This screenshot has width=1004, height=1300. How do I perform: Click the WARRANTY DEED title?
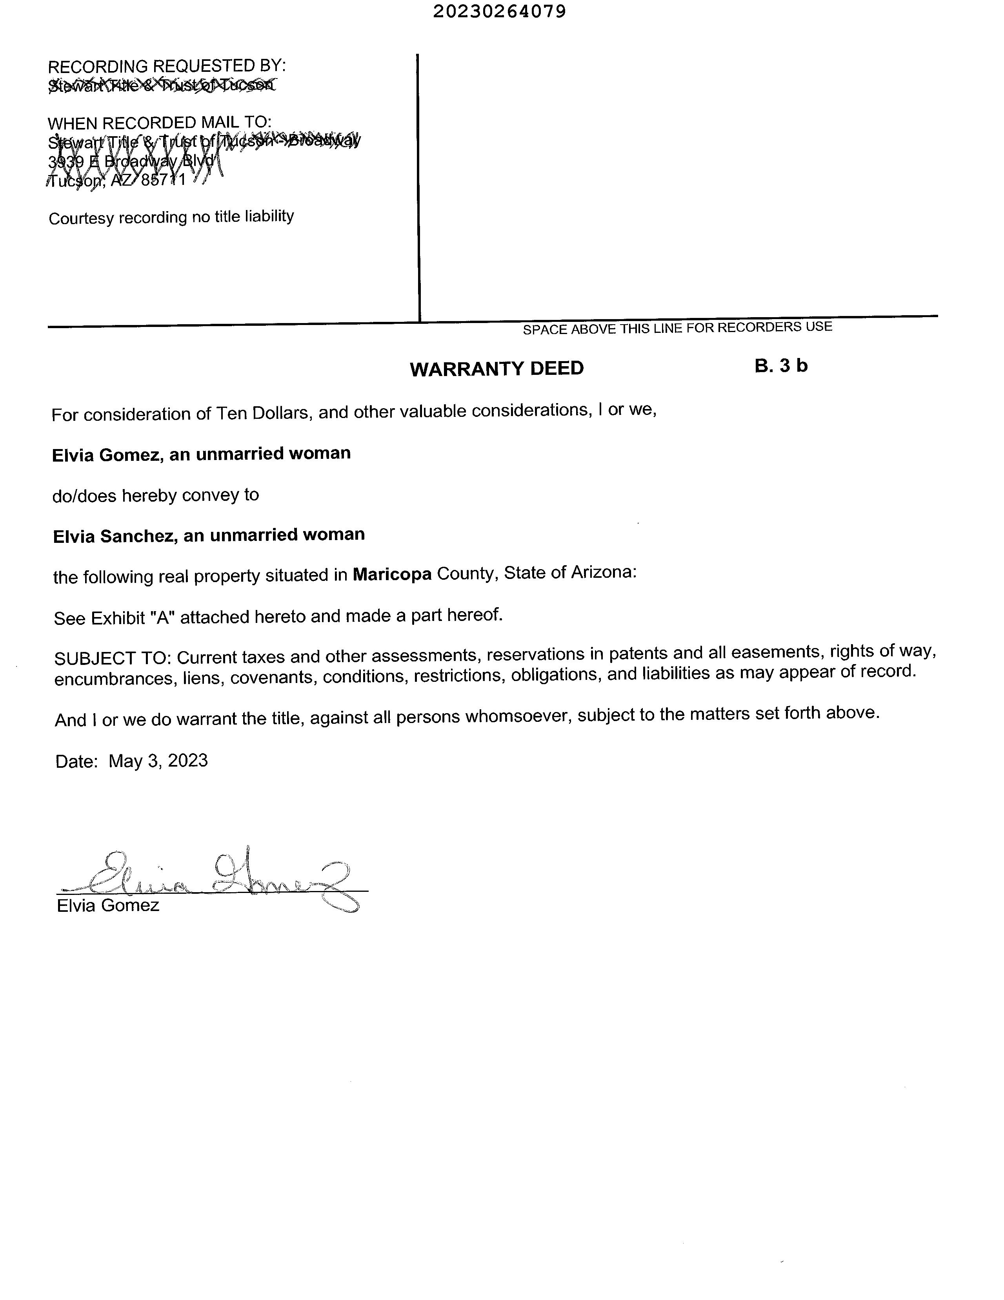coord(497,369)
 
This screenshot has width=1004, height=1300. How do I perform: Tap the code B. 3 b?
coord(781,365)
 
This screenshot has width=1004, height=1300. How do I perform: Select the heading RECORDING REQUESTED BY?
coord(167,66)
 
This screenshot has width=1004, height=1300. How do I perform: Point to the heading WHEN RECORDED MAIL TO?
coord(159,122)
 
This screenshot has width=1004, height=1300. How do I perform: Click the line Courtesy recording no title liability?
coord(171,217)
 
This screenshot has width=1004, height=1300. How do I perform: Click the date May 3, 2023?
coord(158,761)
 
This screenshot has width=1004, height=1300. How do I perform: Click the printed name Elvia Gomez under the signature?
coord(108,906)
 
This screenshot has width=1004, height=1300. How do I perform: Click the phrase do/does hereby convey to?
coord(156,495)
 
